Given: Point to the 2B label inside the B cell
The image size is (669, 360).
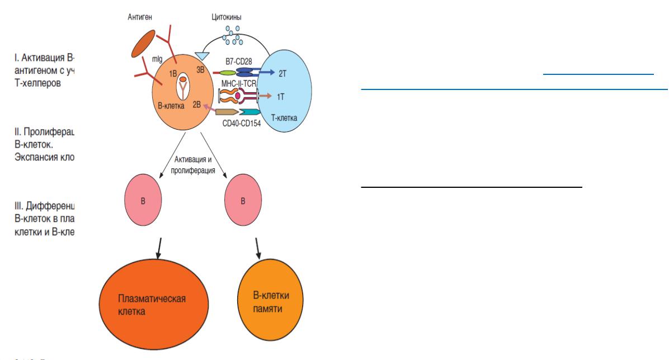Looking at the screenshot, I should pos(196,105).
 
